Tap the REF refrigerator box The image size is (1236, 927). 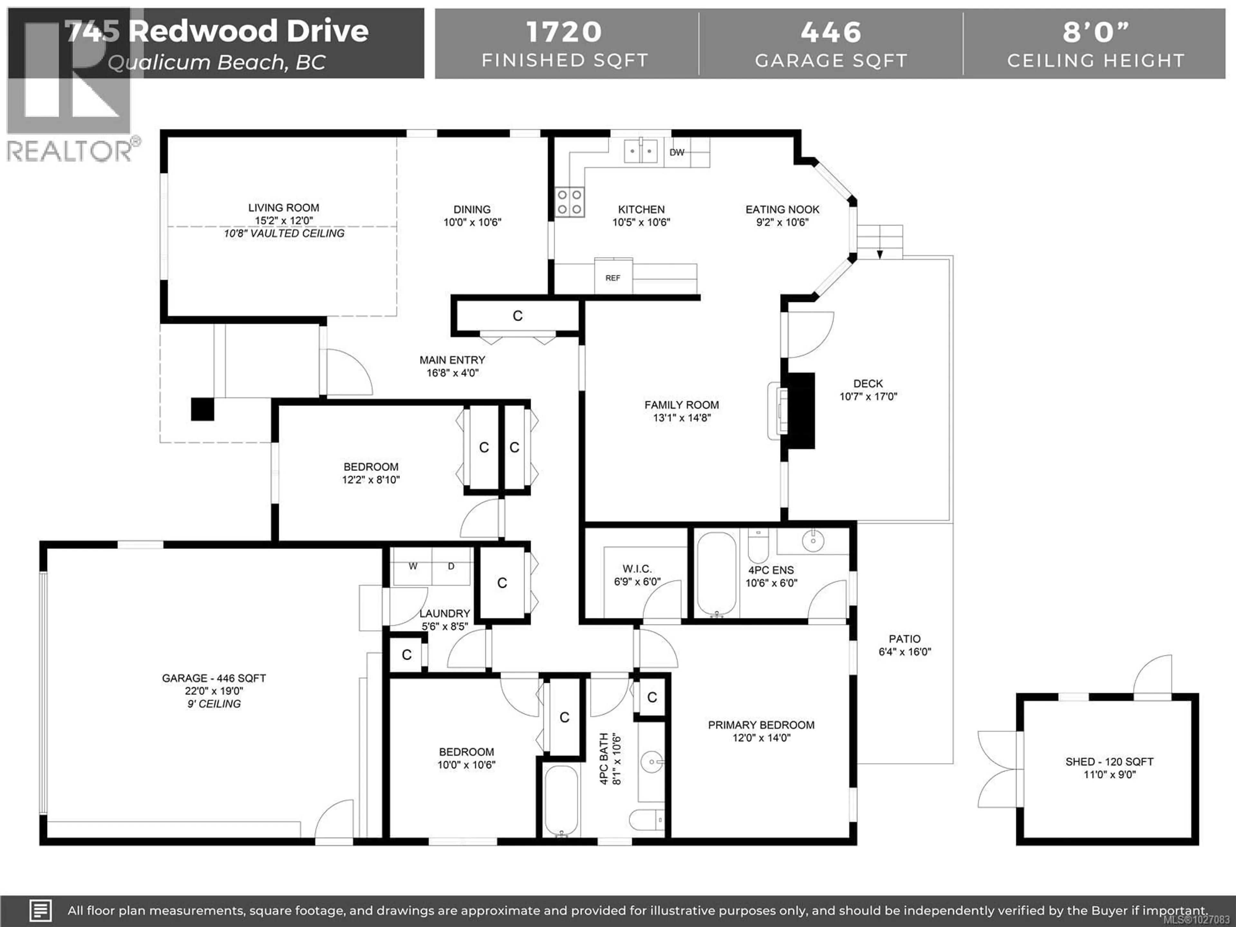(613, 278)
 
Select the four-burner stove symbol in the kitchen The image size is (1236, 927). (569, 202)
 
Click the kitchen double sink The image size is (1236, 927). (640, 151)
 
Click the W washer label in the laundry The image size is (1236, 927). (413, 566)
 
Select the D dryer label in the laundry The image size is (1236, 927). (451, 566)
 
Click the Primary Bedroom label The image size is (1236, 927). (761, 725)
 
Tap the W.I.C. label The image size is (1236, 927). (637, 569)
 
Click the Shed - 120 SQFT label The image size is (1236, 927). (1109, 762)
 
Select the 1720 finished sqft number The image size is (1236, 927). (564, 32)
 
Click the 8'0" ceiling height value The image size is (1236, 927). (1095, 32)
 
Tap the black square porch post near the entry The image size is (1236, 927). (202, 409)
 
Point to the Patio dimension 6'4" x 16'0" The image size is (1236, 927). (905, 651)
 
